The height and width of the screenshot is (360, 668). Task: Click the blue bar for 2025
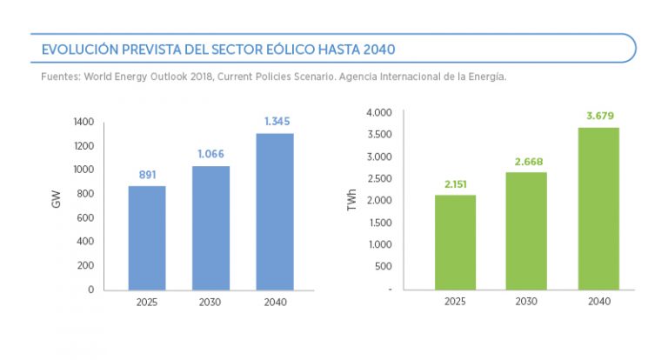click(147, 237)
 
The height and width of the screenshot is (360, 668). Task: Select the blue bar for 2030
click(210, 228)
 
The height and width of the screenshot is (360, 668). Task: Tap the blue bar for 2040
click(275, 211)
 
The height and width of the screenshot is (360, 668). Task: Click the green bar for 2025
click(455, 242)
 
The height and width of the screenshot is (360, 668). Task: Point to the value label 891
click(147, 175)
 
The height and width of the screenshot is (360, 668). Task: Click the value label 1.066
click(210, 155)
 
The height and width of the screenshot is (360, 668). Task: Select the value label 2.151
click(455, 183)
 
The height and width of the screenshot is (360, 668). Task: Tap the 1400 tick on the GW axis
click(83, 122)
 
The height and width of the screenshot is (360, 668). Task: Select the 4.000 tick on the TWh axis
click(379, 113)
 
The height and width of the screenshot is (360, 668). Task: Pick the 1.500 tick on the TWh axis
click(379, 223)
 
